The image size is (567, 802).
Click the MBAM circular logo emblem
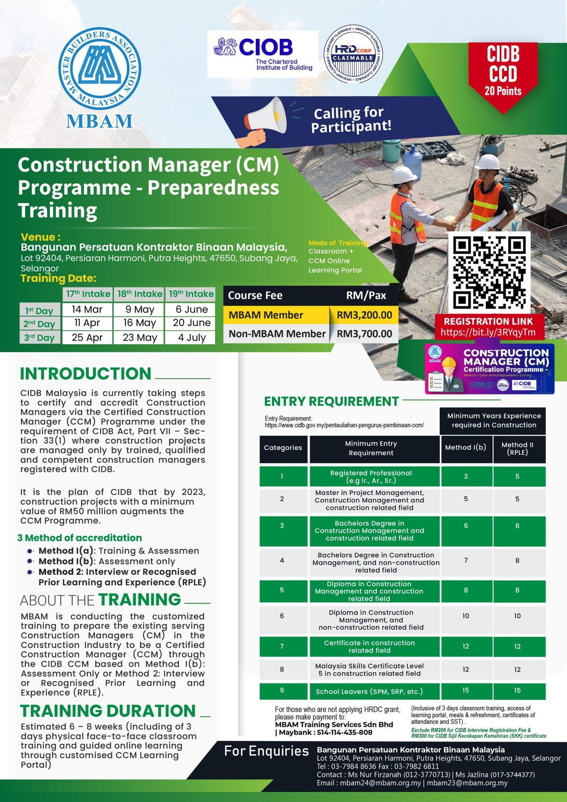coord(100,68)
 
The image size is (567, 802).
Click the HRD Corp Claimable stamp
coord(353,54)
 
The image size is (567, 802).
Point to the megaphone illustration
coord(265,121)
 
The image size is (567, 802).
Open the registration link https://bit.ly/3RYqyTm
coord(488,332)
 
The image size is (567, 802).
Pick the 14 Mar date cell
coord(87,310)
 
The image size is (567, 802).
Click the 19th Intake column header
coord(191,294)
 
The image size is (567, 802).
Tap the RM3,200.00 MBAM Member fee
coord(364,315)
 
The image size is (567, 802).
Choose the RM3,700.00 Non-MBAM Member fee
coord(364,334)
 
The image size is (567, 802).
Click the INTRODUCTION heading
coord(86,373)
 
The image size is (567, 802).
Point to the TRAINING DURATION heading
coord(108,711)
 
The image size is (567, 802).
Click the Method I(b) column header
coord(465,448)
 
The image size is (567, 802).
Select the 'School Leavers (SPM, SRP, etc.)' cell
coord(369,691)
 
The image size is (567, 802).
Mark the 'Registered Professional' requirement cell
coord(371,476)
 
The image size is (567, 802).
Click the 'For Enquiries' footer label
coord(266,751)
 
